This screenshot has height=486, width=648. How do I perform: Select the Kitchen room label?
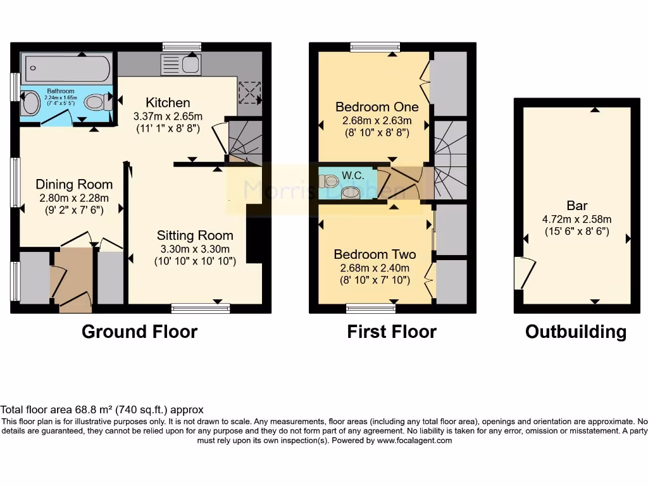pos(168,103)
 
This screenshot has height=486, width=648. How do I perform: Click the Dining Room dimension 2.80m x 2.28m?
pos(74,197)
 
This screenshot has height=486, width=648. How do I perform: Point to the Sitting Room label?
pos(195,235)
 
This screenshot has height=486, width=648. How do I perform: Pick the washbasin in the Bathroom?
pos(29,103)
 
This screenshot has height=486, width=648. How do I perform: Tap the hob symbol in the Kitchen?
pos(249,93)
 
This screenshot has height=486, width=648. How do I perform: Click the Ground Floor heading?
pos(139,332)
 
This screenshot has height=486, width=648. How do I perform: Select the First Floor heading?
pos(392,332)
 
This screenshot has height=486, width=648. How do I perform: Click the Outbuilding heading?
pos(576,332)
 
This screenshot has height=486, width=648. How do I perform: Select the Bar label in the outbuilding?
pos(576,206)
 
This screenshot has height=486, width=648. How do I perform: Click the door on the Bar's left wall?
pos(521,273)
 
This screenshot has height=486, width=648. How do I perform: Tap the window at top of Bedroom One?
pos(375,47)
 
